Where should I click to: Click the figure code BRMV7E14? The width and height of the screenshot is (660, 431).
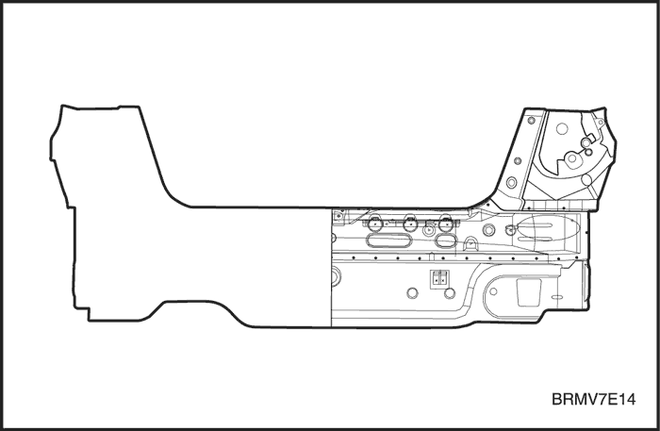tap(593, 399)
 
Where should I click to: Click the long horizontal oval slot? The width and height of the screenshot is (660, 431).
tap(388, 240)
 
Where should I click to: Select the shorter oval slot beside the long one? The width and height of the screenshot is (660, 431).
tap(446, 240)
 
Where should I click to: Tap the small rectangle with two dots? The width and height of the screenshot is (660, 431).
tap(439, 278)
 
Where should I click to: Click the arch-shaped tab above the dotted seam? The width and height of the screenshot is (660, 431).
tap(471, 243)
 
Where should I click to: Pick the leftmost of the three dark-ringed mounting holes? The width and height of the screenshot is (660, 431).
tap(374, 224)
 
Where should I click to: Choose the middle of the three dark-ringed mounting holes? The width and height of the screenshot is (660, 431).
tap(410, 224)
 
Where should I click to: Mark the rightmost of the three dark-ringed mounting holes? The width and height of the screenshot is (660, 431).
tap(445, 224)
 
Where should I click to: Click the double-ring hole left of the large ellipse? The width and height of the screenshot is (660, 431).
tap(488, 230)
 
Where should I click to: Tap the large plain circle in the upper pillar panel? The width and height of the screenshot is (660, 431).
tap(562, 128)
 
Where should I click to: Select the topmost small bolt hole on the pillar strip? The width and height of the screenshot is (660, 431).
tap(531, 121)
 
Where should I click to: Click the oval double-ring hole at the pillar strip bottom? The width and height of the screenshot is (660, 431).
tap(511, 183)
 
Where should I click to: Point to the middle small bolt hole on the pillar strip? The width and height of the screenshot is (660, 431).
tap(518, 160)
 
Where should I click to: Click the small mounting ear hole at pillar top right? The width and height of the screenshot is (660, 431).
tap(602, 123)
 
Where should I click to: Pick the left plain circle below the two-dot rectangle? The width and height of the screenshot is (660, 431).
tap(413, 293)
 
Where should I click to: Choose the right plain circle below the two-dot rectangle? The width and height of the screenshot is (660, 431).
tap(450, 293)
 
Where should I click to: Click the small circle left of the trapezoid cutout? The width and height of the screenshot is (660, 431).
tap(493, 291)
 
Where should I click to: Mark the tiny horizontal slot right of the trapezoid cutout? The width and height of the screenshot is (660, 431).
tap(557, 297)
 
